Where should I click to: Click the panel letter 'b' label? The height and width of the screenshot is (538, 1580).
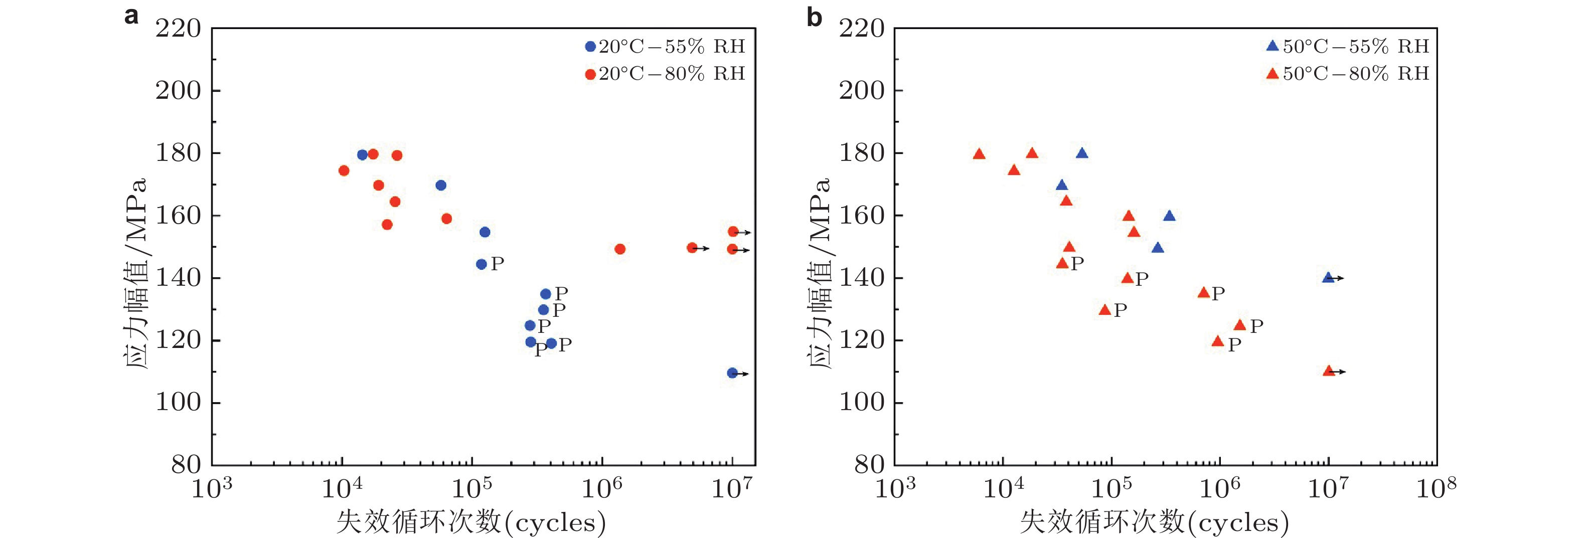(x=814, y=17)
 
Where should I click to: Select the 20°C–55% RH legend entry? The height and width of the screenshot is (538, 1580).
(x=665, y=47)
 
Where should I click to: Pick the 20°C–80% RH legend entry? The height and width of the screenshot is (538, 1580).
(x=665, y=74)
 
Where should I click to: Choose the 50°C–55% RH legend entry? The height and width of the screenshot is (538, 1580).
(x=1348, y=47)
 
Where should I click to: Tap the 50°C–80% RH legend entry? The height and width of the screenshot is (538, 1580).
(x=1348, y=74)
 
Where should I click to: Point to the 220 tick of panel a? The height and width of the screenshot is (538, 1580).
(x=178, y=29)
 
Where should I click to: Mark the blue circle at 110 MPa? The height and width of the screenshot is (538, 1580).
(x=732, y=373)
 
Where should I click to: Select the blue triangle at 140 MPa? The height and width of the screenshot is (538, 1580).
(x=1328, y=278)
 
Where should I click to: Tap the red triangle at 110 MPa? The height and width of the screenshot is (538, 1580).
(x=1329, y=371)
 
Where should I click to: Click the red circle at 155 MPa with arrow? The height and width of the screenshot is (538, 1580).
(x=733, y=232)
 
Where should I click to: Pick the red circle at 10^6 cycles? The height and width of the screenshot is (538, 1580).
(x=619, y=249)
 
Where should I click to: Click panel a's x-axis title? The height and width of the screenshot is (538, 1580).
(x=471, y=522)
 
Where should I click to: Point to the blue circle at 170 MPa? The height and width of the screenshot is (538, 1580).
(x=440, y=185)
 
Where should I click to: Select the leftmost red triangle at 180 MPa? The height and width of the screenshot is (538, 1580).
(x=979, y=154)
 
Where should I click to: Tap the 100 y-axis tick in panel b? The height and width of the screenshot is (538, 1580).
(x=861, y=403)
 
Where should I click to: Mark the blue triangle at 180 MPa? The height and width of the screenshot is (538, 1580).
(x=1082, y=153)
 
